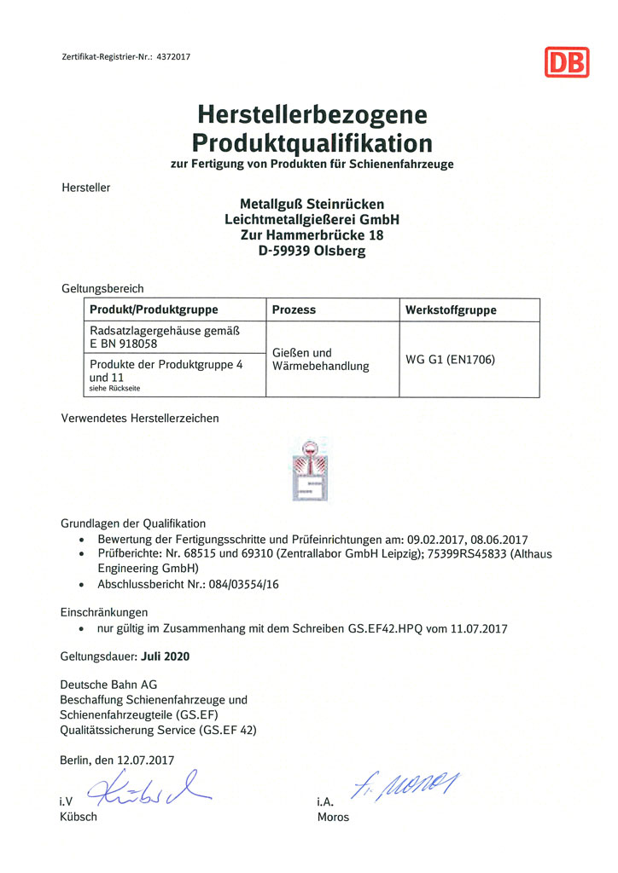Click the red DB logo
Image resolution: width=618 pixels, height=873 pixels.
566,61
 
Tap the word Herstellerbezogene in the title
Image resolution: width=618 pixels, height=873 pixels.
312,113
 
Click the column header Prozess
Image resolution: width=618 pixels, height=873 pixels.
294,309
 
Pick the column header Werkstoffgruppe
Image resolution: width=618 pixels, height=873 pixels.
451,309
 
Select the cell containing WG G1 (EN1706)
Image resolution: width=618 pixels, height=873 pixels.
450,359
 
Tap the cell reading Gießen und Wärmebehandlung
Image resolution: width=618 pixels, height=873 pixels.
320,359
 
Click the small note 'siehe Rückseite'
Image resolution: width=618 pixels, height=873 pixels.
114,388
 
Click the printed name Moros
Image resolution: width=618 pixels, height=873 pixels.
333,817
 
